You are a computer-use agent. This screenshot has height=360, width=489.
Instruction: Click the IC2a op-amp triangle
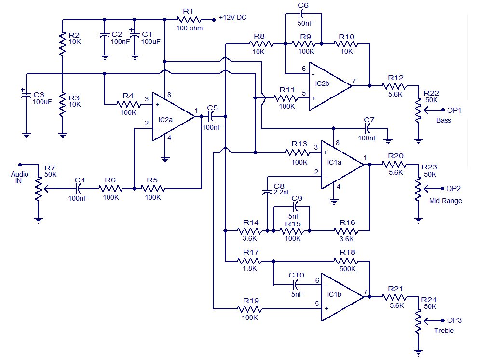[x=173, y=116]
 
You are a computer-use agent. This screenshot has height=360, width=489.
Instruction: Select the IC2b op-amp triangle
[x=329, y=86]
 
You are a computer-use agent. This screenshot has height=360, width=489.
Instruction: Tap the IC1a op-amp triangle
[x=342, y=165]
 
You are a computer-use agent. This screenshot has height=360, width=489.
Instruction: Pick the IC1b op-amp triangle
[x=342, y=297]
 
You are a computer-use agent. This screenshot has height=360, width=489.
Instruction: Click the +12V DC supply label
[x=232, y=17]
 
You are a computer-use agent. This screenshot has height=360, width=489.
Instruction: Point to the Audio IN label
[x=19, y=177]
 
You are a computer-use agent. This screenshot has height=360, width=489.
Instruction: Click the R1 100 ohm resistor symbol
[x=189, y=20]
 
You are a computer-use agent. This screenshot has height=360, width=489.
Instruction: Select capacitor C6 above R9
[x=301, y=14]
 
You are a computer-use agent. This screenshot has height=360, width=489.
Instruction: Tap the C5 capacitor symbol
[x=211, y=116]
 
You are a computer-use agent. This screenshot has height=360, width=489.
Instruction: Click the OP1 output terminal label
[x=454, y=110]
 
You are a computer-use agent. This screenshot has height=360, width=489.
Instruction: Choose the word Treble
[x=444, y=331]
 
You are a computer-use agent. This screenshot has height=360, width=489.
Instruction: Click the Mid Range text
[x=445, y=201]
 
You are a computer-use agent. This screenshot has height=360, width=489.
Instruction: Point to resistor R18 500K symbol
[x=346, y=261]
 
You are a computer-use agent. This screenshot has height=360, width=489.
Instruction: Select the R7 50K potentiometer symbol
[x=39, y=189]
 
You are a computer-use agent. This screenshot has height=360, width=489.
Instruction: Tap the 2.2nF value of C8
[x=282, y=192]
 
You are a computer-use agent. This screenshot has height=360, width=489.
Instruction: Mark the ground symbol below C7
[x=388, y=142]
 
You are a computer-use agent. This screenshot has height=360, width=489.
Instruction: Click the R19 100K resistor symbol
[x=249, y=309]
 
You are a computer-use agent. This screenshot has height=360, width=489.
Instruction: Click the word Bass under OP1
[x=444, y=121]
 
